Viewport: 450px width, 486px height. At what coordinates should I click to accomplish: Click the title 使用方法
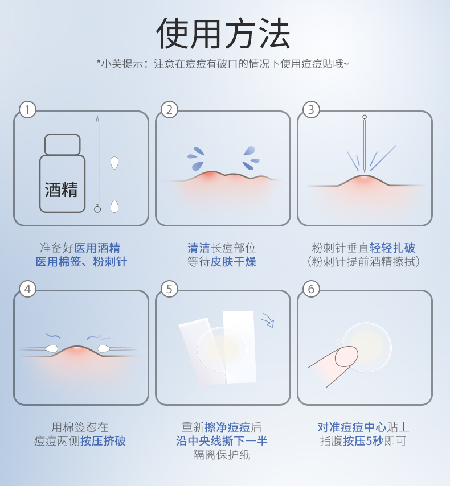coord(223,33)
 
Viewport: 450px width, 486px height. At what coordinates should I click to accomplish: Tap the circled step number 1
coord(27,110)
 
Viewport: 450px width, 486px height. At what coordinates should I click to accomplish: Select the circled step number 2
coord(169,110)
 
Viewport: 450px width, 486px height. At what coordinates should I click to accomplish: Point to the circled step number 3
coord(311,110)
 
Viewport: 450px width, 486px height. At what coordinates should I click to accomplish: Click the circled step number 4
coord(27,289)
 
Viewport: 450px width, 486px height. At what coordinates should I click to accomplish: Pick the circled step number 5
coord(169,289)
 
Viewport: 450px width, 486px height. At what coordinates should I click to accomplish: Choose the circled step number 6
coord(311,289)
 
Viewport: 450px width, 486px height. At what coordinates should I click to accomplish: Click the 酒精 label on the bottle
coord(62,190)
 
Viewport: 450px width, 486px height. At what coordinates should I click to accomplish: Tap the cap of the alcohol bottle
coord(63,145)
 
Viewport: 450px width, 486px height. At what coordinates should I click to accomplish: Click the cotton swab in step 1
coord(114,185)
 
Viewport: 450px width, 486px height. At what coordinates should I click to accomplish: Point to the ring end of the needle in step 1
coord(97,209)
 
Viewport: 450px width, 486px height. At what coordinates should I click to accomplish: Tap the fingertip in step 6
coord(346,356)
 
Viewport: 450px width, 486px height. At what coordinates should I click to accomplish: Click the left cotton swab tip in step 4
coord(51,349)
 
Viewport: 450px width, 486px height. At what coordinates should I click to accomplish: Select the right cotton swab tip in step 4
coord(104,349)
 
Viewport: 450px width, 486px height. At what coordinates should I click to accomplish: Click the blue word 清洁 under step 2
coord(199,248)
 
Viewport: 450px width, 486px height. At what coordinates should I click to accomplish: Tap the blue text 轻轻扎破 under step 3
coord(392,248)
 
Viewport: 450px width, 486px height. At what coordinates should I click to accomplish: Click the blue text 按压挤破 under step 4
coord(103,440)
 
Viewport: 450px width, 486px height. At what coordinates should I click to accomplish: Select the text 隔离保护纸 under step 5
coord(222,455)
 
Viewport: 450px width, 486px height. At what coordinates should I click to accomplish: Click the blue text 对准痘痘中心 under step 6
coord(352,427)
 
